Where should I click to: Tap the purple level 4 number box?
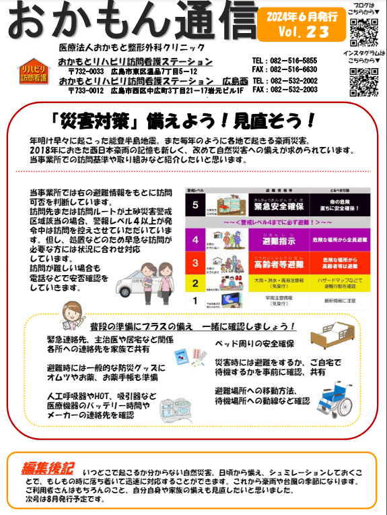[x=196, y=239]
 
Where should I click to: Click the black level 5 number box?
[x=196, y=204]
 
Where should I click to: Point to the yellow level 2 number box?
[x=196, y=283]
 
